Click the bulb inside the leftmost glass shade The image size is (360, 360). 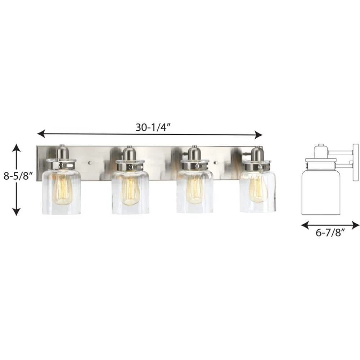point(63,189)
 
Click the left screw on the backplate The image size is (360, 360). point(90,163)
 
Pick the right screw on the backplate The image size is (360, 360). point(216,163)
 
